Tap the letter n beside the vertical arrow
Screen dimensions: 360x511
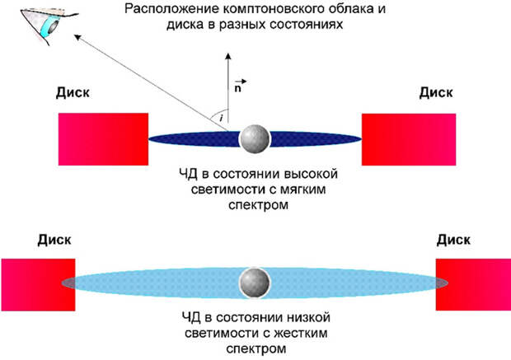tap(239, 85)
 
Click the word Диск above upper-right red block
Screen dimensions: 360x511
tap(436, 93)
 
